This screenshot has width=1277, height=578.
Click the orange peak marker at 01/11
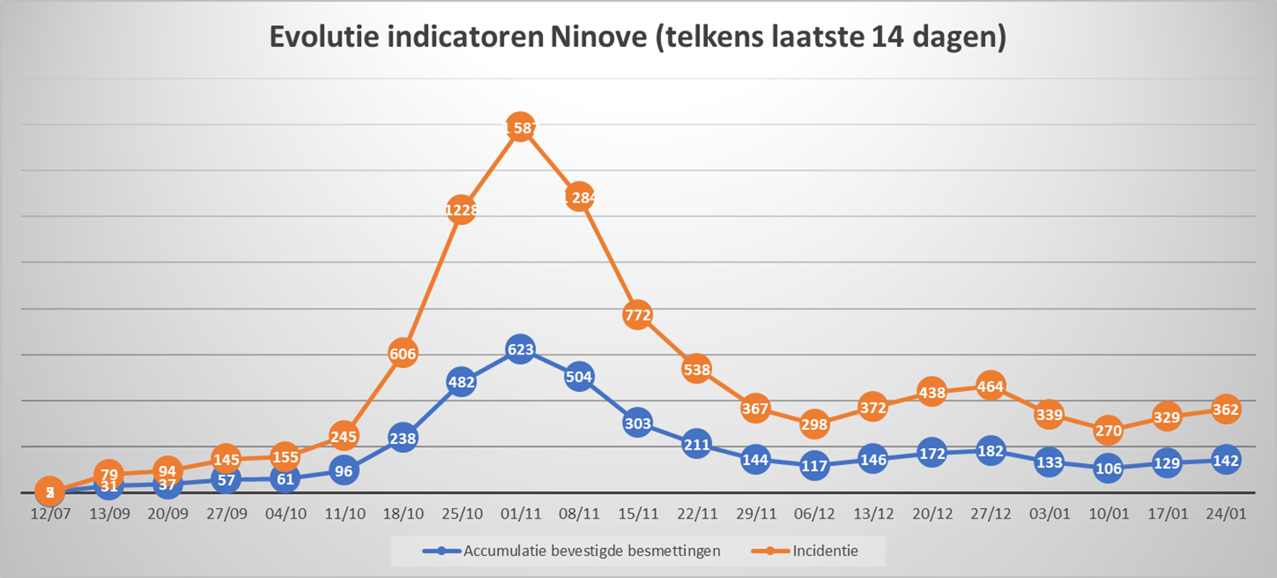(x=520, y=128)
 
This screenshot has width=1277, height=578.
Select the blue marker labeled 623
(x=520, y=349)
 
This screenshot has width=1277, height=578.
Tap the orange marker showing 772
(x=637, y=315)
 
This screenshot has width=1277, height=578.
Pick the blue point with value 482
(x=461, y=382)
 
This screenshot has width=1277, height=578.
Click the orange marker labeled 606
(x=403, y=354)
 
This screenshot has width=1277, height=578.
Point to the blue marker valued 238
(x=403, y=439)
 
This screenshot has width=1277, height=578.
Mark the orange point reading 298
(x=814, y=423)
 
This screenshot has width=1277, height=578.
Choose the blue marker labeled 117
(x=814, y=465)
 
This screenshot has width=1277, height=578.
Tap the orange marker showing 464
(x=991, y=386)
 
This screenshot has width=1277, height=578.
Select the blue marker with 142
(x=1225, y=460)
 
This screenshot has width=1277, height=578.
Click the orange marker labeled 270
(x=1108, y=430)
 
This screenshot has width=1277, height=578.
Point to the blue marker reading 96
(x=343, y=470)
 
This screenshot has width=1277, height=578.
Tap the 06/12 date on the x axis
(x=814, y=515)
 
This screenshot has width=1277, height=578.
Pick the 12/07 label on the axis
(x=50, y=515)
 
